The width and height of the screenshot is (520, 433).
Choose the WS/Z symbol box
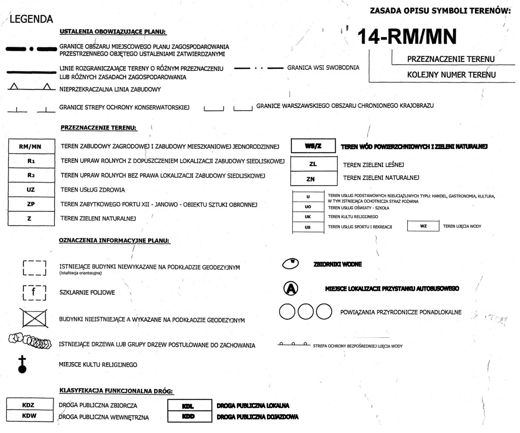coord(313,147)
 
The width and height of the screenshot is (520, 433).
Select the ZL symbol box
coord(313,165)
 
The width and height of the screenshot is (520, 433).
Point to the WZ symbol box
coord(423,226)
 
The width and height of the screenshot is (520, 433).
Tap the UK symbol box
coord(308,216)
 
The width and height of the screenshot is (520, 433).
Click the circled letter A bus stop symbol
coord(290,289)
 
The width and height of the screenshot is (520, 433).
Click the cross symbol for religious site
coord(23,364)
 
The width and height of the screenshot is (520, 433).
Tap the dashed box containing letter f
coord(34,292)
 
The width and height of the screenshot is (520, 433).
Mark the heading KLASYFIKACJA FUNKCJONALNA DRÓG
coord(116,391)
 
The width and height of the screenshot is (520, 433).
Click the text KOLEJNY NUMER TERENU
coord(451,75)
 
